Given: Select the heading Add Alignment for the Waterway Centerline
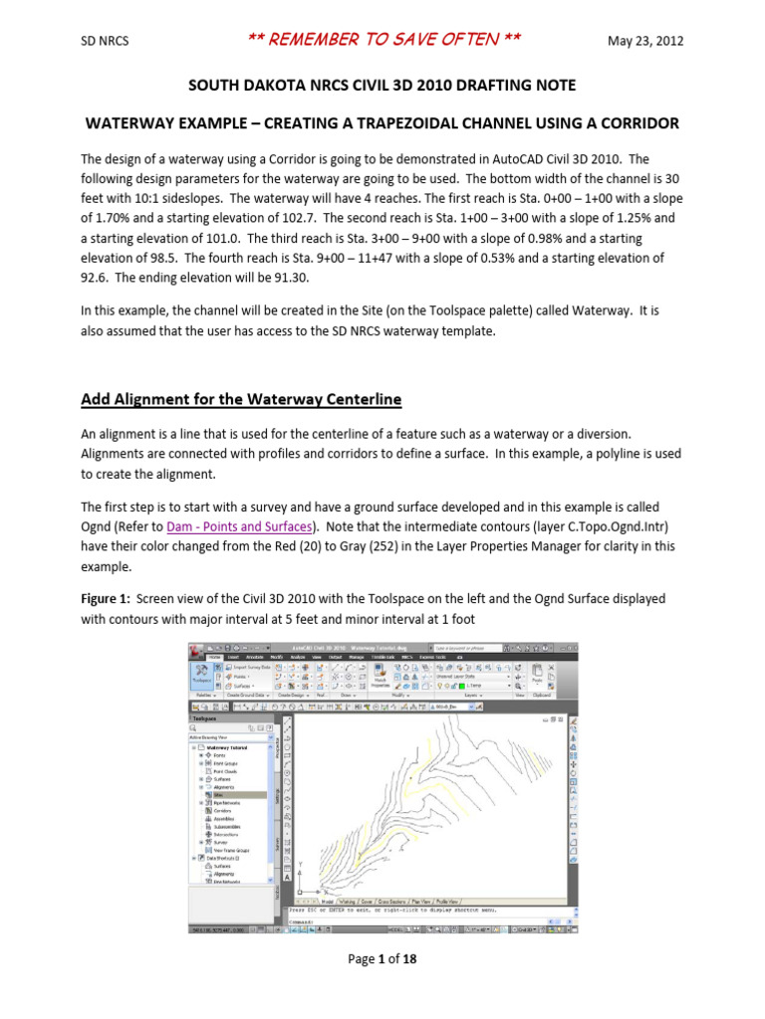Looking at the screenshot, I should pos(240,399).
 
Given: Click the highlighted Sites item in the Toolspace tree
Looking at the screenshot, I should pos(218,794).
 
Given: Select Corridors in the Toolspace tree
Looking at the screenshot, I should pos(222,811).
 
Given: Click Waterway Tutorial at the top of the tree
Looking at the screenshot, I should pos(231,746).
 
